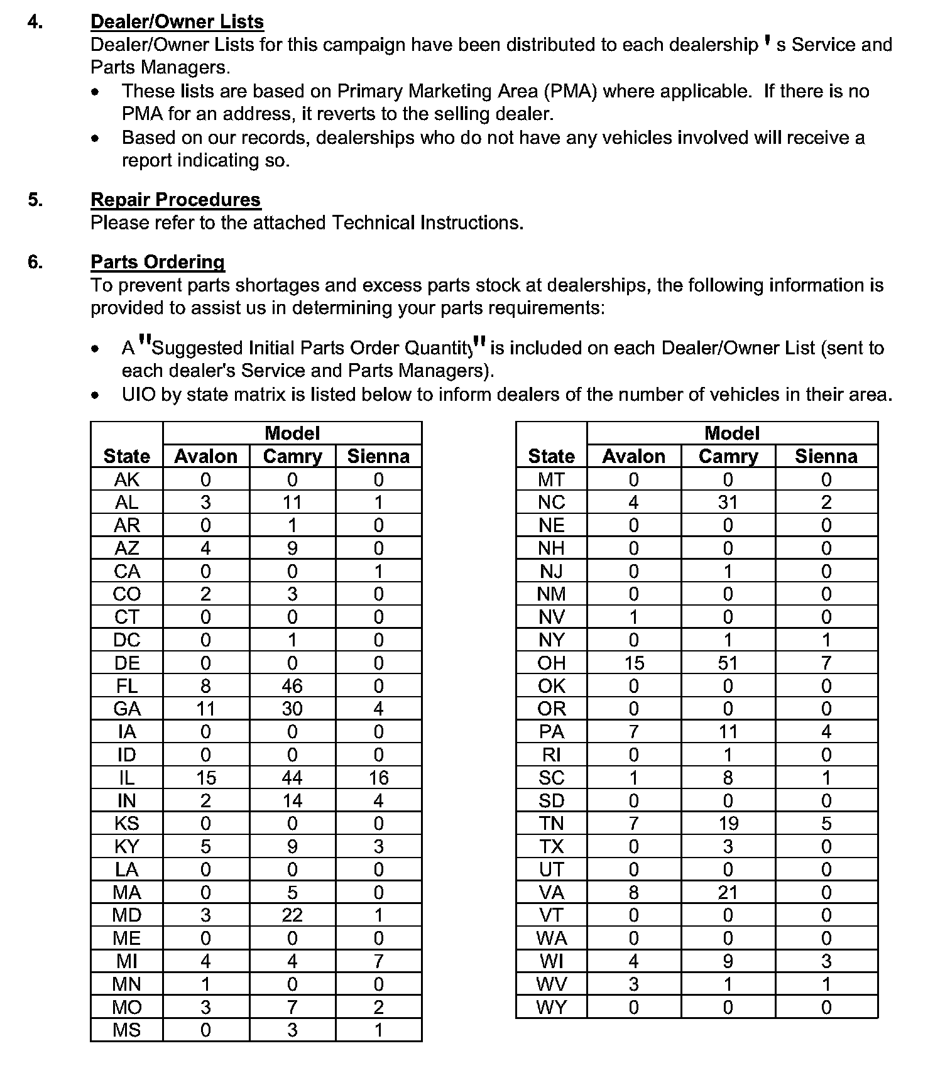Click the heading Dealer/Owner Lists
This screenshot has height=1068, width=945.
[177, 22]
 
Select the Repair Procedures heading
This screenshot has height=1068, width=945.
[175, 200]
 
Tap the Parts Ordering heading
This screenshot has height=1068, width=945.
[158, 262]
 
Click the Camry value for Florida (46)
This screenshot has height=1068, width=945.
[292, 686]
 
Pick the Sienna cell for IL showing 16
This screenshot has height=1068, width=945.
[378, 778]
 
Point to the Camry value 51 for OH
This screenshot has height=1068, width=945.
[728, 663]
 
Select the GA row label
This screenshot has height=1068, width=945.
[127, 709]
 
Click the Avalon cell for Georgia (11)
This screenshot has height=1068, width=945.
[205, 709]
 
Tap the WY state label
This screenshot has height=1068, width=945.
[551, 1008]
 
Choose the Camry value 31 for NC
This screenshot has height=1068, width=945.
[728, 503]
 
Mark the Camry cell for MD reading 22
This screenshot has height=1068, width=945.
[292, 915]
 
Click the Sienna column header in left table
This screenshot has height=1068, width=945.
[378, 456]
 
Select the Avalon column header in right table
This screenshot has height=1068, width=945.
[633, 456]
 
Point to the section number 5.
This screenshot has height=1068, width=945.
[35, 200]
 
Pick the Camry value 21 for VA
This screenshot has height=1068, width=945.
[728, 893]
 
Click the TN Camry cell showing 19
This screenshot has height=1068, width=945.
[728, 824]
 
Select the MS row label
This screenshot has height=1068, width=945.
[127, 1030]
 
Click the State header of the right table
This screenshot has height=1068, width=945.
[551, 456]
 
